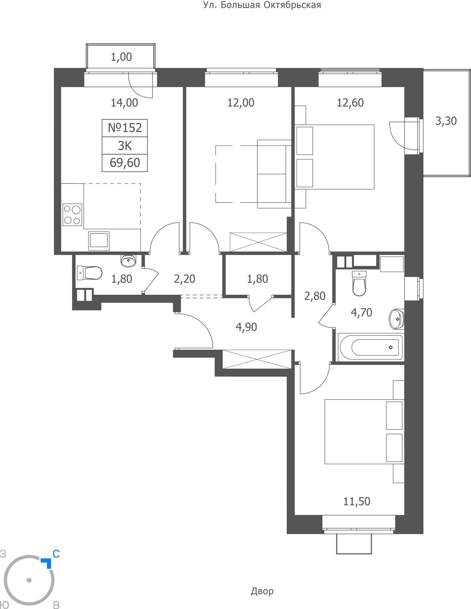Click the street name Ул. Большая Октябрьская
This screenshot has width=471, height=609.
pyautogui.click(x=262, y=5)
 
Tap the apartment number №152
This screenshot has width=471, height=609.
pyautogui.click(x=125, y=128)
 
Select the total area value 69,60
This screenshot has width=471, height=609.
pyautogui.click(x=125, y=163)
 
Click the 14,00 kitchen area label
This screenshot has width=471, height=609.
pyautogui.click(x=124, y=103)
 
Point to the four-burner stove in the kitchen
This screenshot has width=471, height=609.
pyautogui.click(x=72, y=215)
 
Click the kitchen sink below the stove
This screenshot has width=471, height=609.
pyautogui.click(x=99, y=241)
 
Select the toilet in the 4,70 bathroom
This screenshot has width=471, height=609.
pyautogui.click(x=359, y=283)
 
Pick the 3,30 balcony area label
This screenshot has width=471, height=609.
pyautogui.click(x=446, y=121)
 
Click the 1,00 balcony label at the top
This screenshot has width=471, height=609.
pyautogui.click(x=121, y=57)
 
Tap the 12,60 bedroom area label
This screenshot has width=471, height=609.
pyautogui.click(x=350, y=103)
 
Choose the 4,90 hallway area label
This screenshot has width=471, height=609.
pyautogui.click(x=246, y=327)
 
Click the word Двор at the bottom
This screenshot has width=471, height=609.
pyautogui.click(x=262, y=591)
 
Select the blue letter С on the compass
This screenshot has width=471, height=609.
pyautogui.click(x=56, y=554)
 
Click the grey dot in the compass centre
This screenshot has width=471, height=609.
pyautogui.click(x=29, y=580)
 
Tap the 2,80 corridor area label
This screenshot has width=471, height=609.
pyautogui.click(x=315, y=296)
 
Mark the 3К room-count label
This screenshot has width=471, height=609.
pyautogui.click(x=125, y=146)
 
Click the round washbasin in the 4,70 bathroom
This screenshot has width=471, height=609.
pyautogui.click(x=396, y=319)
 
